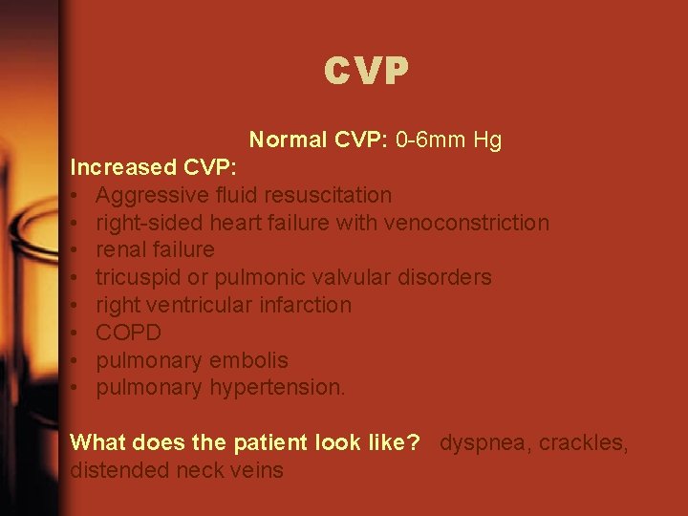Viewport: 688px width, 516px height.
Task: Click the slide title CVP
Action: point(366,71)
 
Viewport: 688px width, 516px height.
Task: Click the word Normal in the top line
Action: point(288,140)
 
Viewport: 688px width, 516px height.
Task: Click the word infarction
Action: point(306,306)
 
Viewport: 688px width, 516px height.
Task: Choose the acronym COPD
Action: point(129,333)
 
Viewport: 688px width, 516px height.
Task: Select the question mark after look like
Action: point(415,443)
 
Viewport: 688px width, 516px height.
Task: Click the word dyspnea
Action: point(479,443)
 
